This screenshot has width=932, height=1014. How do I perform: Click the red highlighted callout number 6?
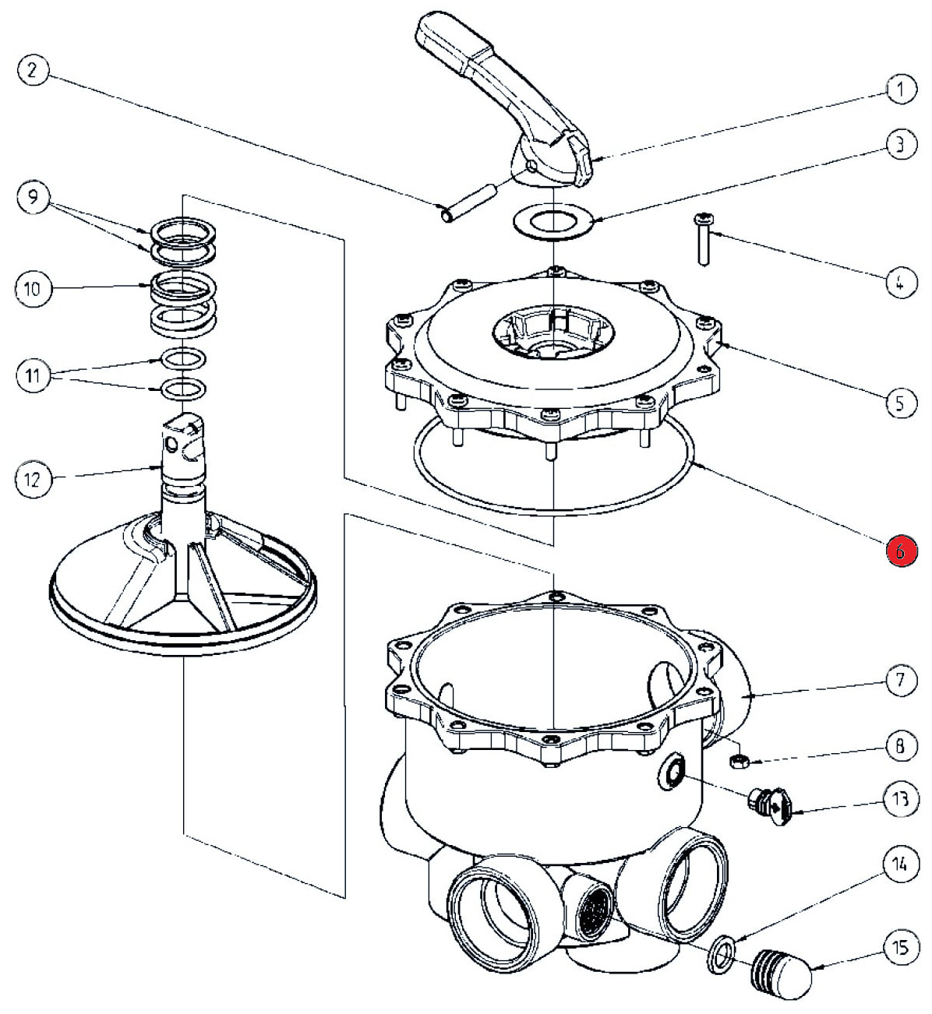901,551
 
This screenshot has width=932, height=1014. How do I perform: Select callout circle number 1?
901,90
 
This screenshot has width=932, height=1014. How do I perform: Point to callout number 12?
32,479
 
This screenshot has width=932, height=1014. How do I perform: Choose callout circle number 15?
901,948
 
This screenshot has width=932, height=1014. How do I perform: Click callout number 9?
32,197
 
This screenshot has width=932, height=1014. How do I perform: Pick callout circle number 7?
901,681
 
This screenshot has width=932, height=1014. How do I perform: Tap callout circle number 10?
32,290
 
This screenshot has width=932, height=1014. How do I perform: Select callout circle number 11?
32,377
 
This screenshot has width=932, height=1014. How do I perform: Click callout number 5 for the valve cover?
901,403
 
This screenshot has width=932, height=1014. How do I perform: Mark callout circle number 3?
901,144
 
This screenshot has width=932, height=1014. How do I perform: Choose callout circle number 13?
901,799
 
